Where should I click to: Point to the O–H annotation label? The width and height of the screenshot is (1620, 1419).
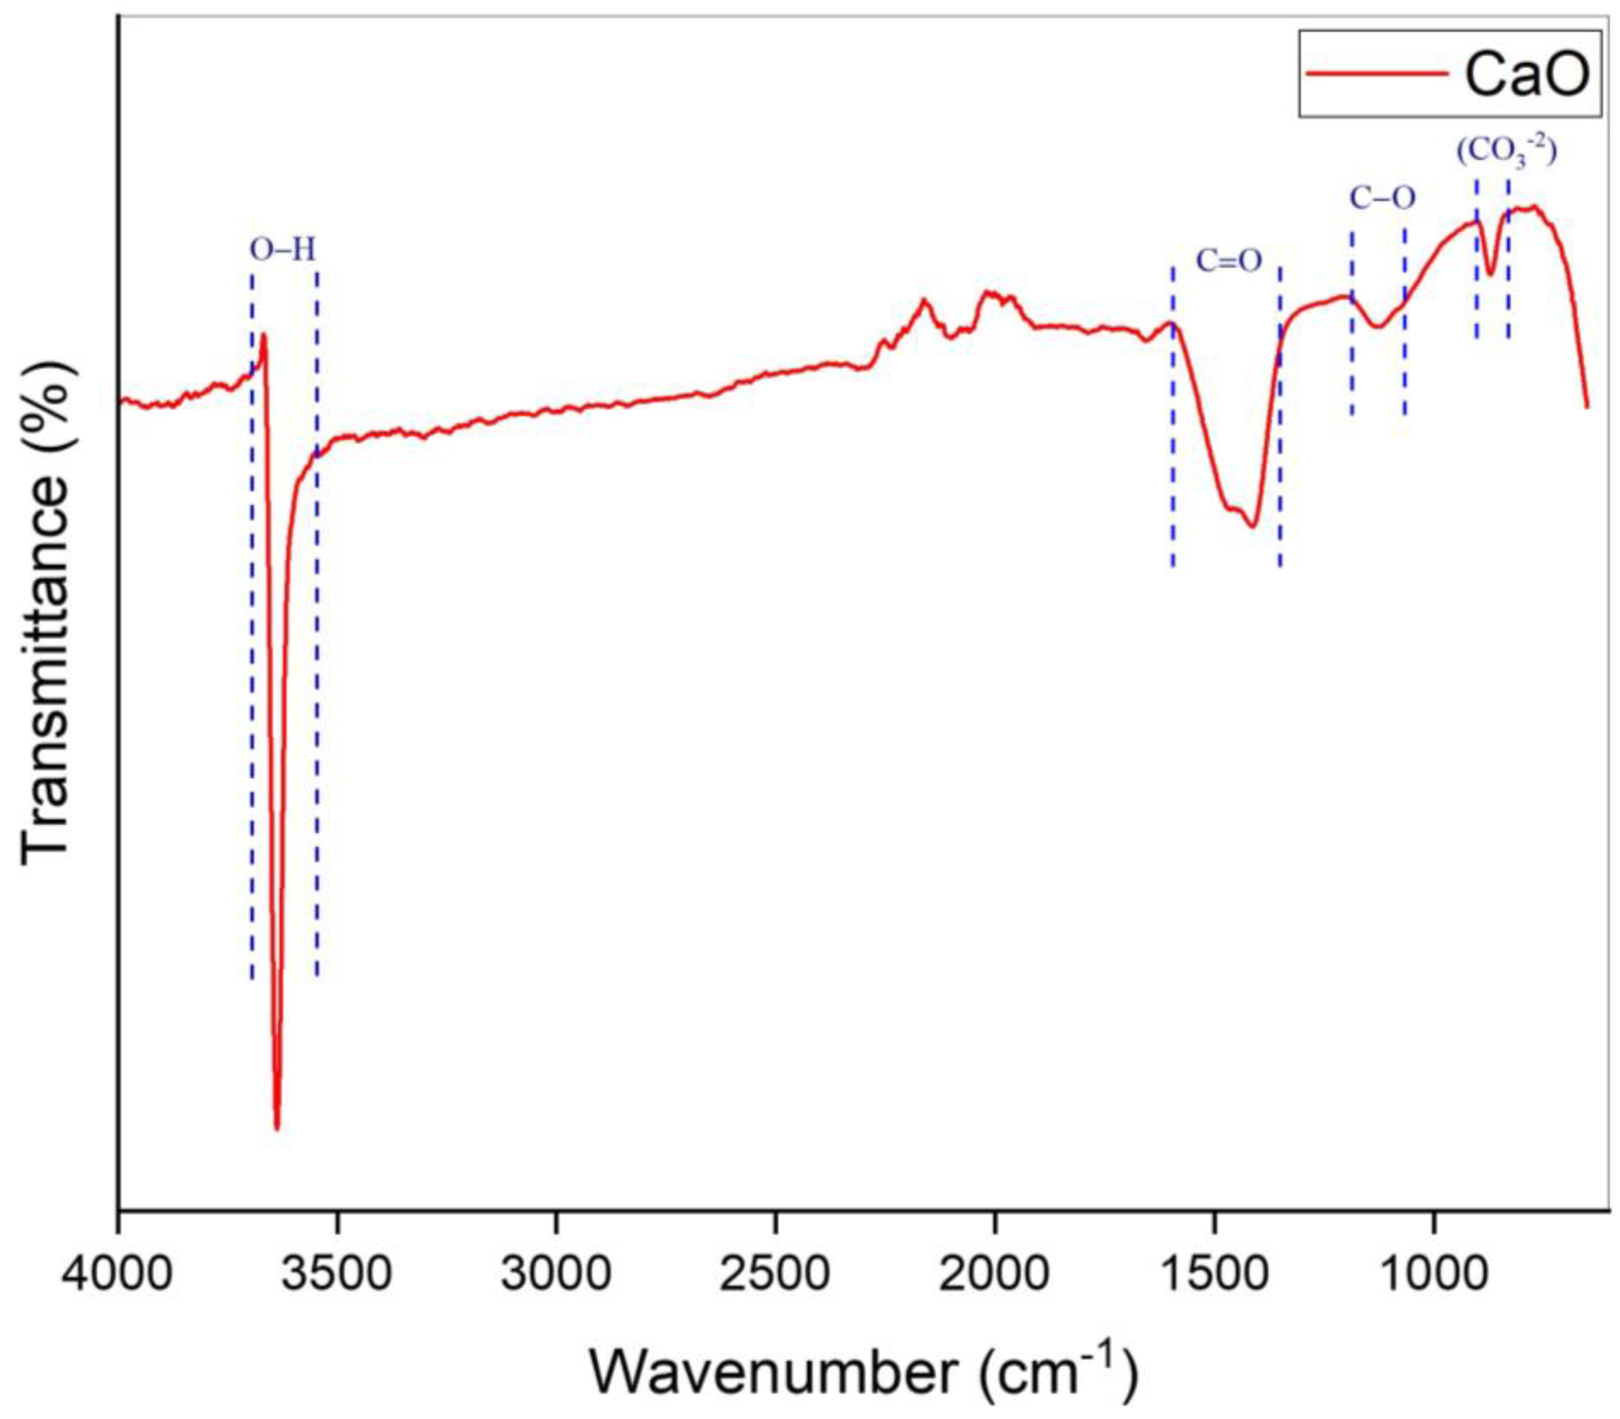(x=283, y=251)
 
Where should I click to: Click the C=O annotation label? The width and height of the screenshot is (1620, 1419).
(x=1228, y=260)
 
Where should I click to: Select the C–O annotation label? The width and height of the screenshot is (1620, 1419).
(x=1382, y=198)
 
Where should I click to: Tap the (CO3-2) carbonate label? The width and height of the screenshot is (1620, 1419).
(x=1507, y=152)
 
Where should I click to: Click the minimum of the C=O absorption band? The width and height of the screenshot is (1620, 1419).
(x=1252, y=527)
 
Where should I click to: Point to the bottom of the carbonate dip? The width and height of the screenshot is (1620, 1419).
(x=1491, y=275)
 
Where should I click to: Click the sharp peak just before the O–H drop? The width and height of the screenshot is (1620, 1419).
(x=264, y=335)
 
